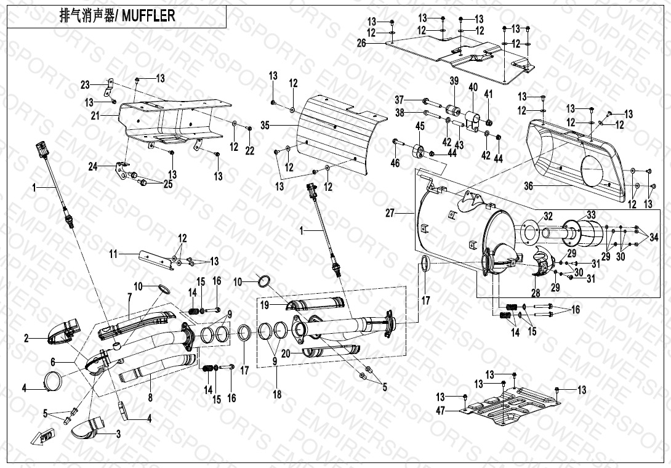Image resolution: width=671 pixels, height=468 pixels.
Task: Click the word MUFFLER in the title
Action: tap(148, 17)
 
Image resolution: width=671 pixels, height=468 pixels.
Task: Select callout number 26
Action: tap(378, 43)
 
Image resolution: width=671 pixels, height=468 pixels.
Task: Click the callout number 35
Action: tap(265, 125)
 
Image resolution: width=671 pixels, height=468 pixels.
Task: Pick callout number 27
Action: tap(389, 213)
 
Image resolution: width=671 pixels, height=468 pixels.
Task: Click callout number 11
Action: tap(113, 254)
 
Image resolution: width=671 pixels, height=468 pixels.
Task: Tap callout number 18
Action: tap(277, 393)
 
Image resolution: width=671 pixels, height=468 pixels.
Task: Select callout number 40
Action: tap(473, 87)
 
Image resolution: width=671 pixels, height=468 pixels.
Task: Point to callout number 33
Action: tap(591, 214)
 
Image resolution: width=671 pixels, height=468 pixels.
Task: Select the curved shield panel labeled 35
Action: tap(332, 135)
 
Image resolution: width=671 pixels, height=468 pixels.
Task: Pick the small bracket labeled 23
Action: tap(111, 89)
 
